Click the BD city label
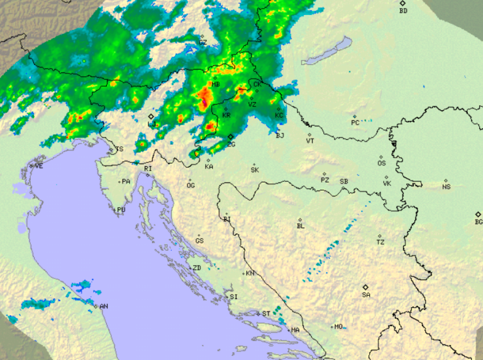click(403, 11)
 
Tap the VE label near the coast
click(39, 166)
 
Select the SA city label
click(366, 295)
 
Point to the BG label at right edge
click(479, 222)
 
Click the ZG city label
click(231, 144)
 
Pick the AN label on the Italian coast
click(104, 307)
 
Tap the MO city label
click(339, 327)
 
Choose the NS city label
click(447, 187)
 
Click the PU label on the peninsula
click(121, 210)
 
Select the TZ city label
click(380, 242)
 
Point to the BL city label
click(301, 226)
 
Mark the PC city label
click(355, 123)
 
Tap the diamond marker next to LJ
click(151, 116)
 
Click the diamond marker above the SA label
click(365, 286)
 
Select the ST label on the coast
click(266, 313)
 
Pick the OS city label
click(381, 163)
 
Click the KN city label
click(250, 273)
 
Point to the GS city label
click(199, 241)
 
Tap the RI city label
click(148, 169)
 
